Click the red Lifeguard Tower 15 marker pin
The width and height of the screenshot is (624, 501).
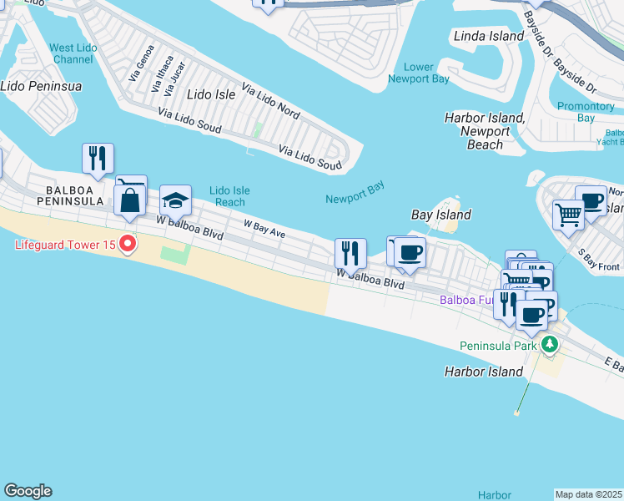[x=128, y=244]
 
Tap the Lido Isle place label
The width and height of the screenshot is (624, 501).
[x=211, y=94]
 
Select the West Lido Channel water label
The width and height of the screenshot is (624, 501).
[x=73, y=54]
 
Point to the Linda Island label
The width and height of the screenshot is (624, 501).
[x=488, y=36]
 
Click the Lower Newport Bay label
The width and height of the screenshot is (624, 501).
[x=419, y=73]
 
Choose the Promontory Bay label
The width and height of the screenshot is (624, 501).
[x=586, y=112]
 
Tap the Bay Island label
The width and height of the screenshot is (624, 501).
[x=441, y=215]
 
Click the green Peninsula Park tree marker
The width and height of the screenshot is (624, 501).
[x=549, y=344]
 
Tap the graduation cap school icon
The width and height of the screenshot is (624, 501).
[x=176, y=200]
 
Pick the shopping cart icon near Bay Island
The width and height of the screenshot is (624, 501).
[x=568, y=214]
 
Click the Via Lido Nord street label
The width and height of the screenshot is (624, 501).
[x=270, y=100]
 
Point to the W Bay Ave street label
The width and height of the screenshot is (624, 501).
[x=264, y=230]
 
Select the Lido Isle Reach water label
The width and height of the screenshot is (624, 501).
[x=227, y=196]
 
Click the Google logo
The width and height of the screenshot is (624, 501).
[x=28, y=491]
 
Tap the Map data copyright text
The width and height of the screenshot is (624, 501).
[x=589, y=494]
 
